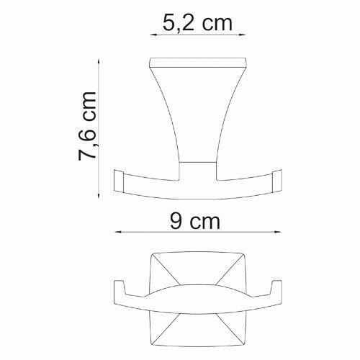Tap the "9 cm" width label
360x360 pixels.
coord(197,221)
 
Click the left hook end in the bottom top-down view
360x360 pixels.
coord(120,289)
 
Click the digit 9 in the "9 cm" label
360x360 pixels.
coord(175,221)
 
